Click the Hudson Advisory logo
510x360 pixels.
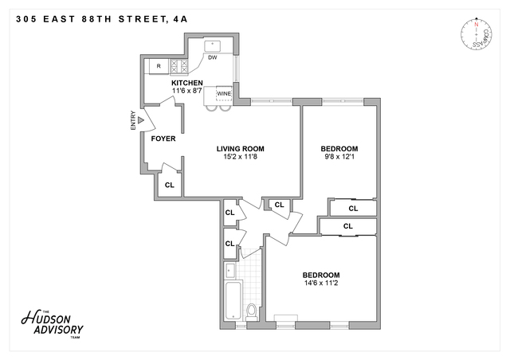(52, 323)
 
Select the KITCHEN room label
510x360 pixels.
(187, 83)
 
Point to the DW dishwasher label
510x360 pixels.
(213, 57)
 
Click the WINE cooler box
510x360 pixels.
(223, 93)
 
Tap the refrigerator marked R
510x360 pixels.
(159, 65)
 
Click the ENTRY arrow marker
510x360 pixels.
(140, 122)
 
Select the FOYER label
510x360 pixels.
(163, 139)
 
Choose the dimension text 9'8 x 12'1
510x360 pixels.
(339, 157)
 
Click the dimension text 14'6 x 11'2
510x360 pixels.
(320, 283)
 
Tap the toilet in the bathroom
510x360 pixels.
(253, 310)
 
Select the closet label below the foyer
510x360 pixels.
(169, 185)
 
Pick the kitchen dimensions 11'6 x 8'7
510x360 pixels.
(187, 91)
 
